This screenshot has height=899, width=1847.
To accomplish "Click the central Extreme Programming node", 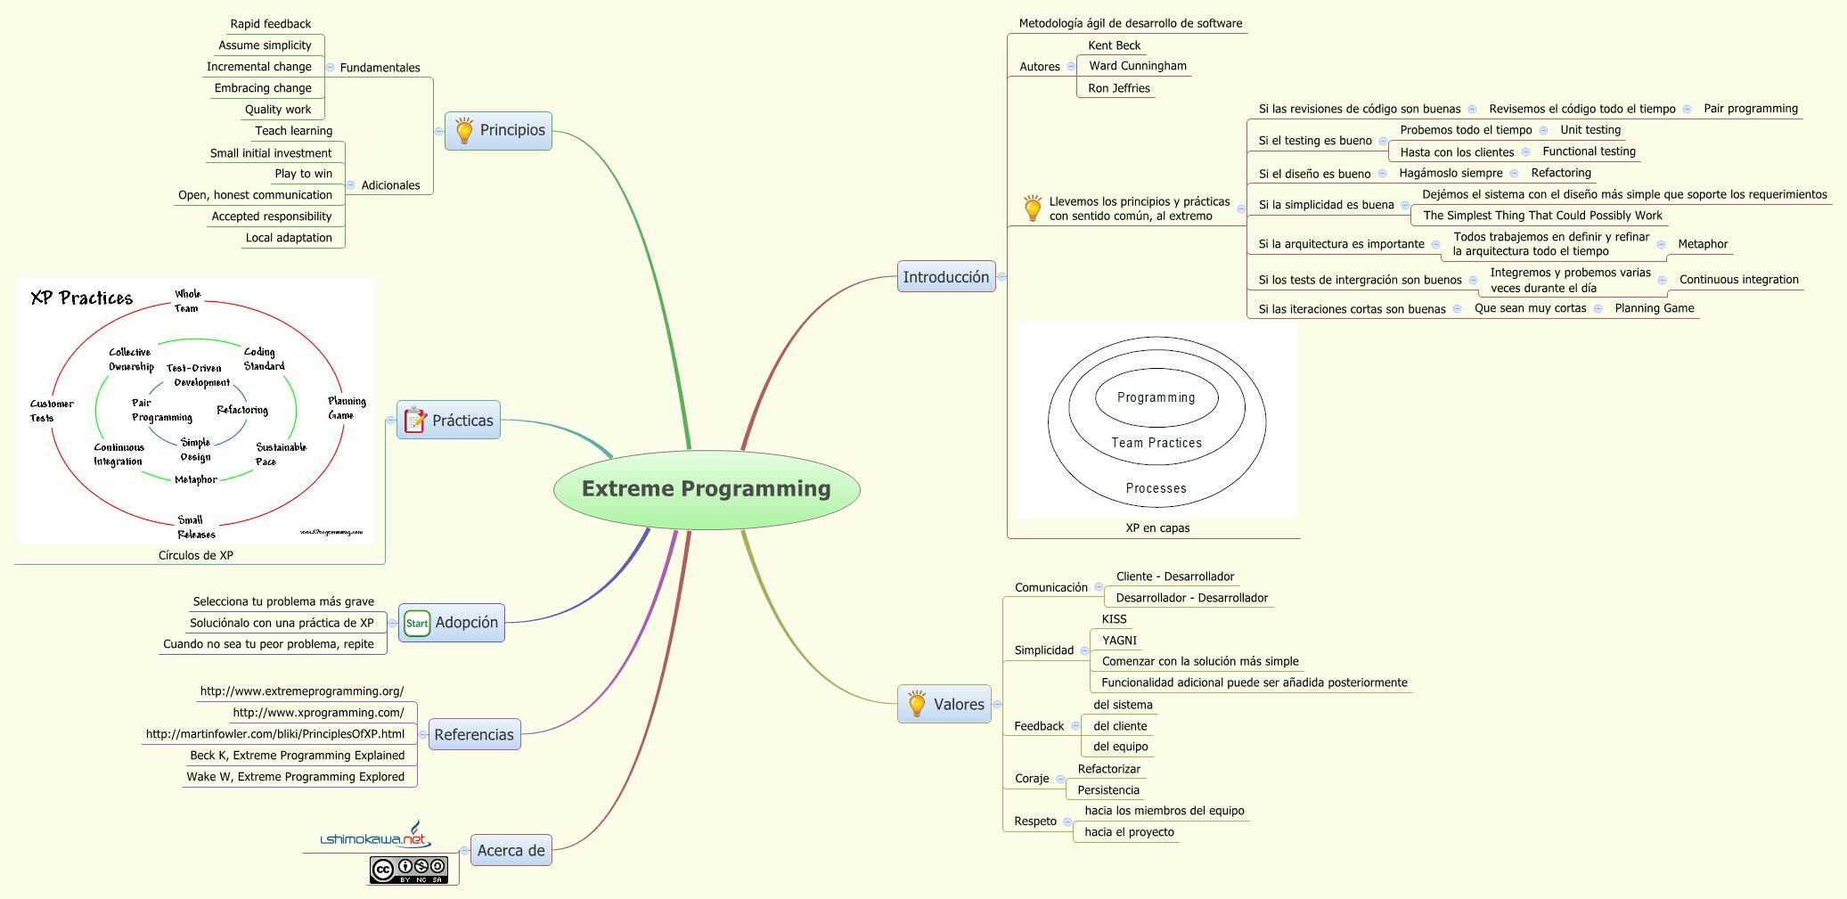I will point(707,489).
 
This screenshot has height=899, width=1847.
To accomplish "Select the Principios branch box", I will point(499,131).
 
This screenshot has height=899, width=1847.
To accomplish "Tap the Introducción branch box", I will point(945,277).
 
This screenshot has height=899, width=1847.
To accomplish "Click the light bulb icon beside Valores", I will point(917,704).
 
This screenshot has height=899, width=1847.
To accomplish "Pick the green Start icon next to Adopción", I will point(417,623).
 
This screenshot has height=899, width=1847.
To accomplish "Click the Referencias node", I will point(474,735).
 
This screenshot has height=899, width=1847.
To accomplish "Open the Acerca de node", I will point(511,850).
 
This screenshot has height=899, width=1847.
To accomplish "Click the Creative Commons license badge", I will point(409,870).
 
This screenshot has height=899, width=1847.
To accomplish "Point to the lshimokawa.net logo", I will point(375,837).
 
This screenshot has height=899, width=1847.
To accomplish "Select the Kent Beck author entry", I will point(1114,45).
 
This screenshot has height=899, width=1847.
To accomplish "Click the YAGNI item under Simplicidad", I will point(1119,641).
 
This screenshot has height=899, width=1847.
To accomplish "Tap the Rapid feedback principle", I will point(270,24).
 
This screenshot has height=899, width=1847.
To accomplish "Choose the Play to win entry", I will point(303,174).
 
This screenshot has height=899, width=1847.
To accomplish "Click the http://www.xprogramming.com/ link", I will point(318,713).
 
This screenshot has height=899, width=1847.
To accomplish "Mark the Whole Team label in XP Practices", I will point(187,301).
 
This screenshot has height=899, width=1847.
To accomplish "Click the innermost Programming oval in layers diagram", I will point(1156,397).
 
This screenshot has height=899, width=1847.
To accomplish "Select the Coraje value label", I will point(1032,779).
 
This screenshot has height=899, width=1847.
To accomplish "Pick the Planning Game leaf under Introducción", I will point(1654,308).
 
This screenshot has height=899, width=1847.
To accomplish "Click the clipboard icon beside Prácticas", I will point(415,420).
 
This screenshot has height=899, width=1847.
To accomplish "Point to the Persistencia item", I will point(1107,790).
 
